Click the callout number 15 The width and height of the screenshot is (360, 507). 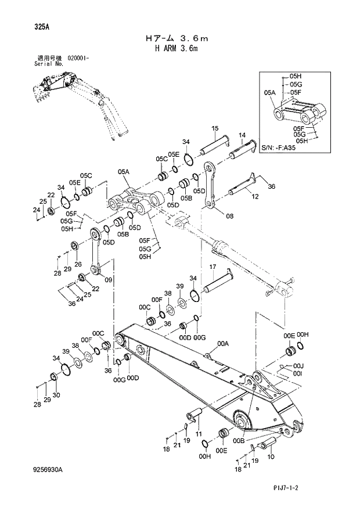215,128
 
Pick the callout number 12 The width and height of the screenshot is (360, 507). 254,197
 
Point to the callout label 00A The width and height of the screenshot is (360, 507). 223,344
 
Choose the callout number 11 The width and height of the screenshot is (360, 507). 198,434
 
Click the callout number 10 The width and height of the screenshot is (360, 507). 271,457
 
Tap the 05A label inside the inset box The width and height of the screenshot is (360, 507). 269,92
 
